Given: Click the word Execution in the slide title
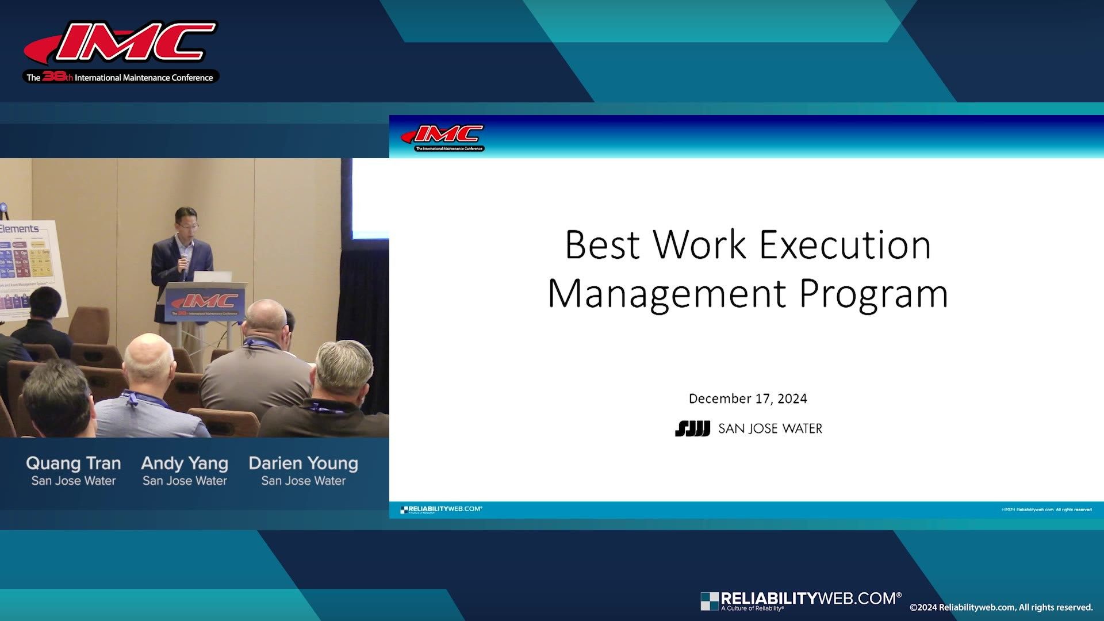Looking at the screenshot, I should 845,246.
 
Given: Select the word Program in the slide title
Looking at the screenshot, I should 873,294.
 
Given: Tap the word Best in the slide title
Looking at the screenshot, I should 602,246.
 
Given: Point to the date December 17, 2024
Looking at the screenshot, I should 747,398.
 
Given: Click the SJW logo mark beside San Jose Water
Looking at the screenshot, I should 692,429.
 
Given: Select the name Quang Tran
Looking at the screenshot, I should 74,463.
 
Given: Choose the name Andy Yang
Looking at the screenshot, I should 185,463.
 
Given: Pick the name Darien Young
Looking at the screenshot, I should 303,463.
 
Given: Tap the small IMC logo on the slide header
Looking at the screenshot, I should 444,137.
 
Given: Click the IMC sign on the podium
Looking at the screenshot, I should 205,303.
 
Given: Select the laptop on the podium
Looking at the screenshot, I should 213,277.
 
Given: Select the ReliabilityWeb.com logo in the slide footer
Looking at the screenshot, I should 442,509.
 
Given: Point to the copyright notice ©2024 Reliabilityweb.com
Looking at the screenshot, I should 1000,607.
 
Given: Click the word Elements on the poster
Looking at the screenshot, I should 20,228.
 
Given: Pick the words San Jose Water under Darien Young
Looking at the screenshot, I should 303,481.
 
